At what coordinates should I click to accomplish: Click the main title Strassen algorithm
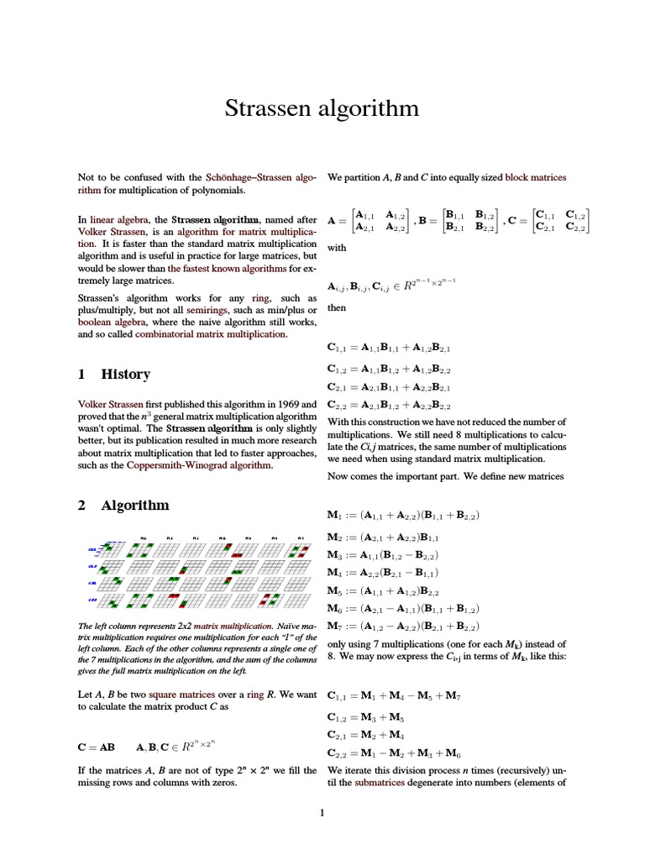322,109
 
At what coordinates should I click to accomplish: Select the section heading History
125,375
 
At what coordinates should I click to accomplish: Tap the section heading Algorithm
134,505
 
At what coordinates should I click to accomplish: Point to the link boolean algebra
109,322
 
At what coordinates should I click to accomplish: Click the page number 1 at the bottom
322,812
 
